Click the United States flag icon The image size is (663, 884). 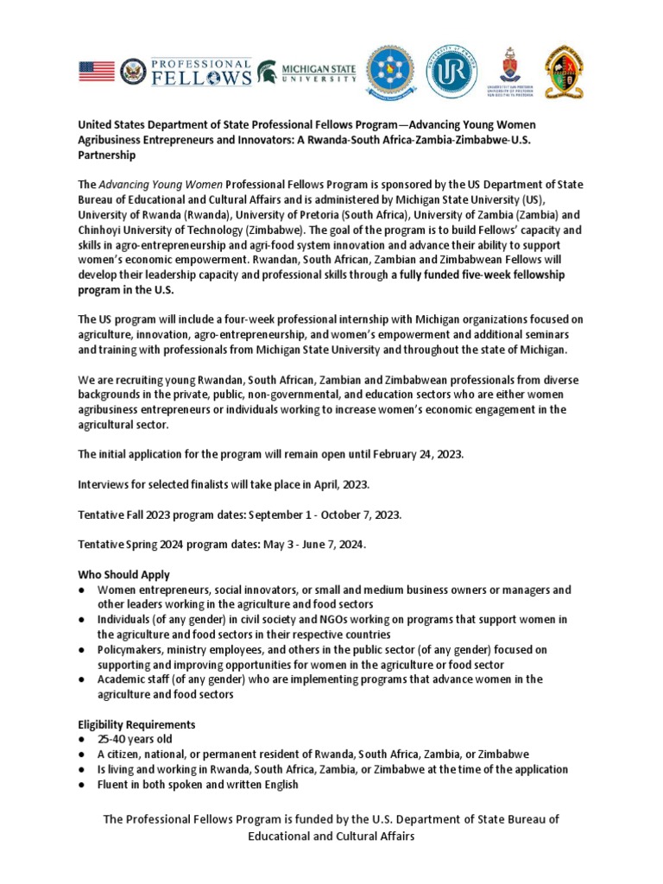pyautogui.click(x=97, y=71)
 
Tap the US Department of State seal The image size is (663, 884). pyautogui.click(x=133, y=71)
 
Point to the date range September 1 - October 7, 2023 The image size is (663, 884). pyautogui.click(x=325, y=515)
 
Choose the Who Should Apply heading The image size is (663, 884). pyautogui.click(x=123, y=575)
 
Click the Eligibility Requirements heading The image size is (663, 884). pyautogui.click(x=136, y=724)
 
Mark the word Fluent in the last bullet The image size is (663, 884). pyautogui.click(x=114, y=784)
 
